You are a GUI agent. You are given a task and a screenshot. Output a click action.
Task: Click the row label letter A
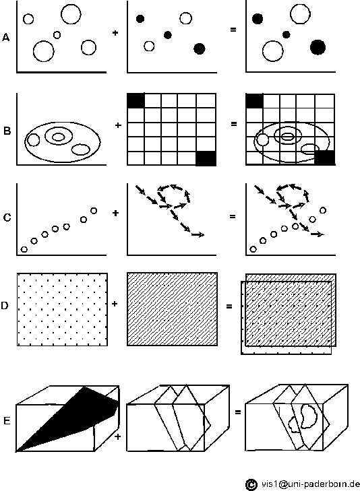[x=6, y=38]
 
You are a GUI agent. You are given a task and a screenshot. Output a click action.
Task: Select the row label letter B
[x=7, y=131]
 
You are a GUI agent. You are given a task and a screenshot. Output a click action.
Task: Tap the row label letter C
[x=7, y=218]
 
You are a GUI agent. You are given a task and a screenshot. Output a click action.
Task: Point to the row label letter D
[x=5, y=305]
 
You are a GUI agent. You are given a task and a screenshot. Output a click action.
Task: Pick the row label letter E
[x=7, y=420]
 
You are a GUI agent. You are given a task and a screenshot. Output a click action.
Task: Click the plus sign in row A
[x=115, y=32]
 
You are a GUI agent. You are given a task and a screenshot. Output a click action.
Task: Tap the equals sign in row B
[x=234, y=124]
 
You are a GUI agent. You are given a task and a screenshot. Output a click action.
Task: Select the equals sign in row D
[x=229, y=306]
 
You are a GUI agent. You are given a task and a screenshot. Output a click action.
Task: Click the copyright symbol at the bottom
[x=251, y=484]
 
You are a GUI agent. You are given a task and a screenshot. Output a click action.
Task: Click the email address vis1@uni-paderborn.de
[x=311, y=484]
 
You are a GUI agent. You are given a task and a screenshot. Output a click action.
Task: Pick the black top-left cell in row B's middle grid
[x=136, y=100]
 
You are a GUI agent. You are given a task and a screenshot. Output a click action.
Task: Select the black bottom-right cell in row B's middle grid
[x=206, y=158]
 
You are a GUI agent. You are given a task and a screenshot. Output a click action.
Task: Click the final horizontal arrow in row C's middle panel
[x=198, y=234]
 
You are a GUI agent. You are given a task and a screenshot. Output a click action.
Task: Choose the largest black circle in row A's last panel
[x=318, y=48]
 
